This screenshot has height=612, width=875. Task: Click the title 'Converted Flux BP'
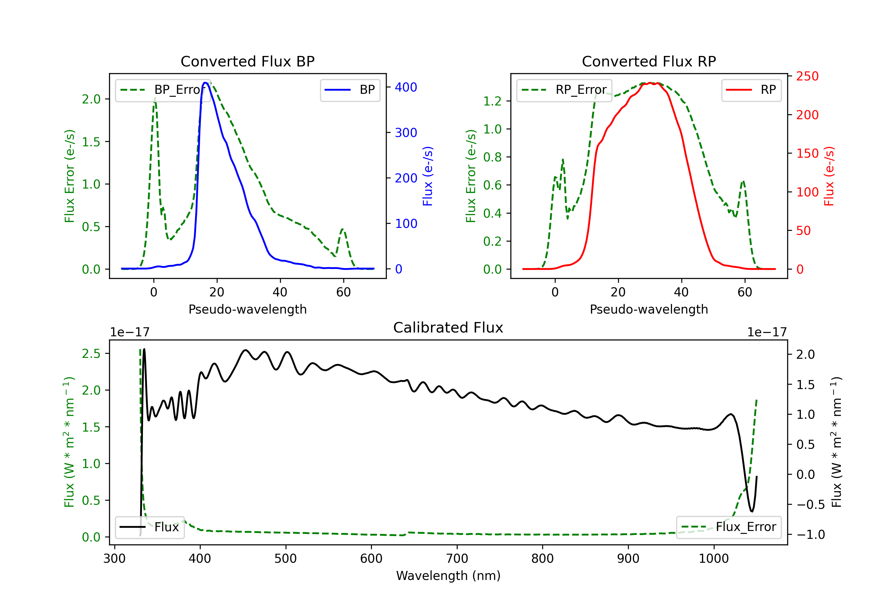247,61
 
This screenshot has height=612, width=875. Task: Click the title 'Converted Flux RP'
649,61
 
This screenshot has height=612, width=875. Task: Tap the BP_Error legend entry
163,90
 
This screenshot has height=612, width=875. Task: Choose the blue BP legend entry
350,90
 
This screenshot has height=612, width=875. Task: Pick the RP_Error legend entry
564,90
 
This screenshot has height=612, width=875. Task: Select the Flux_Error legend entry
728,527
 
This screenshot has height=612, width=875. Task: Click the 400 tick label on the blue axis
406,87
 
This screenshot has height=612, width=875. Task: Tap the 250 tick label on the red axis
807,76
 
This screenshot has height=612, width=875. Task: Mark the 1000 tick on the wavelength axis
713,559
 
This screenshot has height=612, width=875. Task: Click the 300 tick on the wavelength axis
114,559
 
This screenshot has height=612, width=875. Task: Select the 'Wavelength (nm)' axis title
448,576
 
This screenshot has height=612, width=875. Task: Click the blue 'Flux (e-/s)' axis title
428,176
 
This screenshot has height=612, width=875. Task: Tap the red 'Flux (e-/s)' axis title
829,176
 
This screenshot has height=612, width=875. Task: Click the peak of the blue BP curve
205,83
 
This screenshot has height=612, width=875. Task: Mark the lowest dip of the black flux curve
752,511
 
